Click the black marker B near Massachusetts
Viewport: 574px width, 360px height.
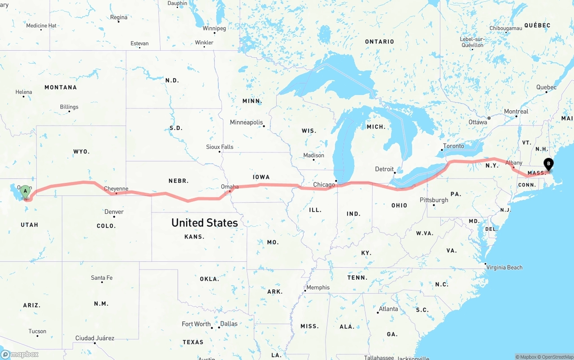tap(548, 164)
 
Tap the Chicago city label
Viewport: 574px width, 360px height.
tap(324, 185)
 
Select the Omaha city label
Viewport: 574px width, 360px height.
tap(230, 187)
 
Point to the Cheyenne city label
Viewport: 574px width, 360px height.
tap(116, 189)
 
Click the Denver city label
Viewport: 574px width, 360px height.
tap(114, 212)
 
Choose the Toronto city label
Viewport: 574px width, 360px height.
tap(453, 146)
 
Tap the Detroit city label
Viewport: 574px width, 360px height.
tap(384, 169)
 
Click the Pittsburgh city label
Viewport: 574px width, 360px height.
tap(434, 200)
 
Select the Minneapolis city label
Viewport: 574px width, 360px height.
tap(246, 122)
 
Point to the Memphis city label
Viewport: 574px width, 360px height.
tap(318, 287)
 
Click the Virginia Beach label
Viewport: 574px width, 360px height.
tap(504, 267)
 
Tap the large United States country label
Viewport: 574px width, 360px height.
tap(204, 223)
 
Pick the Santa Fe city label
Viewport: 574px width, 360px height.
tap(102, 278)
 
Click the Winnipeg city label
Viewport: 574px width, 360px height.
tap(214, 28)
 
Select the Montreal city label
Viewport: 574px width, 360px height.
tap(516, 112)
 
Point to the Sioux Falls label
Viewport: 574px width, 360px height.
tap(220, 147)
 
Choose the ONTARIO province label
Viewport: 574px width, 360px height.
tap(379, 42)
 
